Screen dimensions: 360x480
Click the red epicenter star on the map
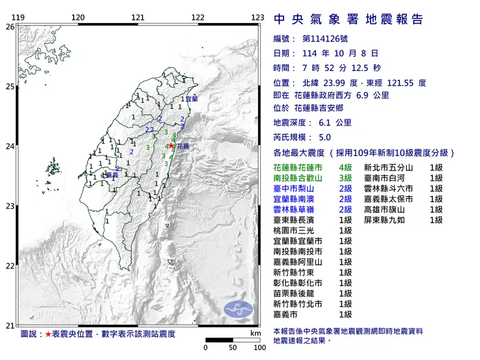(171, 146)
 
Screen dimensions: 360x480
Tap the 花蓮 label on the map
(183, 146)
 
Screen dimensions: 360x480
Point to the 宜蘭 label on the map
(192, 99)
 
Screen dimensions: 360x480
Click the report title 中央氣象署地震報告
(348, 19)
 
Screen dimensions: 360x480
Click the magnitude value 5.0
(324, 137)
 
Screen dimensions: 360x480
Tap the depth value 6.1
(324, 123)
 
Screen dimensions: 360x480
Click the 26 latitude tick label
(10, 27)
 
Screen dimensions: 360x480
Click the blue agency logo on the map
(238, 308)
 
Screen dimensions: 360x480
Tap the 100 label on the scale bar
(259, 348)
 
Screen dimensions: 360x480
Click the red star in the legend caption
(48, 334)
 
